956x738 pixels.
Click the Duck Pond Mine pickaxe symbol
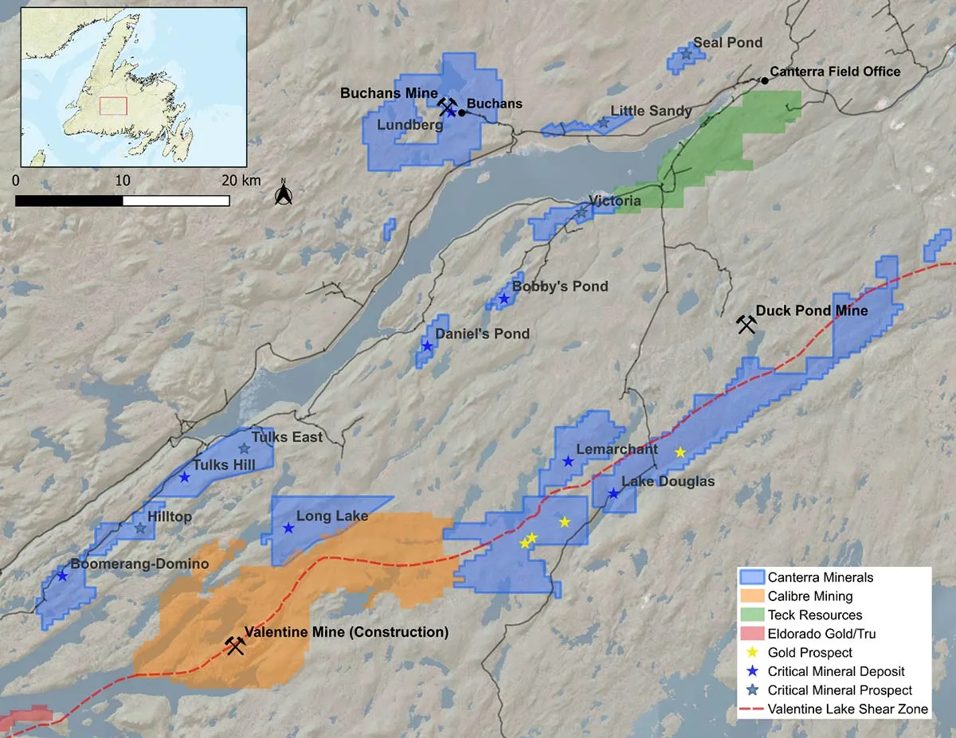(746, 324)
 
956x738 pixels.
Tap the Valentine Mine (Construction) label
(346, 633)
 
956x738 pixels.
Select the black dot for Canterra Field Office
(765, 80)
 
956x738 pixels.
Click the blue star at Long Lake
(288, 528)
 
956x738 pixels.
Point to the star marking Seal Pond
(686, 55)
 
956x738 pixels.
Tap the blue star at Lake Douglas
(613, 494)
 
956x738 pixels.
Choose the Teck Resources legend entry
(814, 615)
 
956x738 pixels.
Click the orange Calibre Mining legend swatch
(751, 595)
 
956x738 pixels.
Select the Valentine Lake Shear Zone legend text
(848, 709)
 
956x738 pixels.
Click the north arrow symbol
(282, 193)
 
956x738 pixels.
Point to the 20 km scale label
(240, 181)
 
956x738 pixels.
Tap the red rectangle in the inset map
(113, 106)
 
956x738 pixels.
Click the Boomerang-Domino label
(139, 564)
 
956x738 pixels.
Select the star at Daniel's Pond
(427, 346)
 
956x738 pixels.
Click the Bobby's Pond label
(559, 286)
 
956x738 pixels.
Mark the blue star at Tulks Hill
(184, 477)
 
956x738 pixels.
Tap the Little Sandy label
(651, 111)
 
